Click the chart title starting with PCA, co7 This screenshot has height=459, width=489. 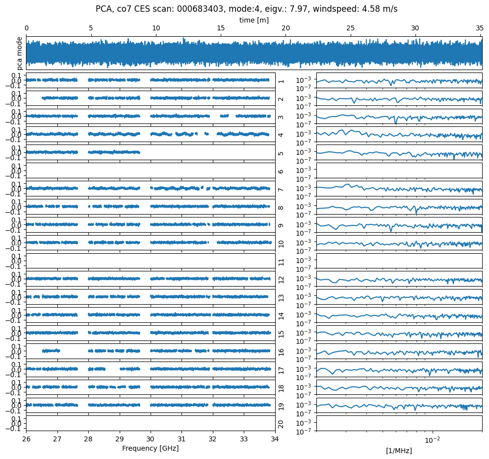pyautogui.click(x=246, y=9)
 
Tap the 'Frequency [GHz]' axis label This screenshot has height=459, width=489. pyautogui.click(x=150, y=448)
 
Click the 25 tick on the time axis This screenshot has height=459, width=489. pyautogui.click(x=351, y=28)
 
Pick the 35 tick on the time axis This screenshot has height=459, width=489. pyautogui.click(x=480, y=28)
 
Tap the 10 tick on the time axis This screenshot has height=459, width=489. pyautogui.click(x=156, y=28)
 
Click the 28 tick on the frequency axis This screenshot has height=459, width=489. pyautogui.click(x=88, y=438)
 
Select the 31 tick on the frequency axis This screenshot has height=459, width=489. pyautogui.click(x=181, y=438)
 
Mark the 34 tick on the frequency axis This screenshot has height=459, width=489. pyautogui.click(x=275, y=438)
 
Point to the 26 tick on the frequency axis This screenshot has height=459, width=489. pyautogui.click(x=26, y=438)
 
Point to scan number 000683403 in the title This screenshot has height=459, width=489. pyautogui.click(x=198, y=9)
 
